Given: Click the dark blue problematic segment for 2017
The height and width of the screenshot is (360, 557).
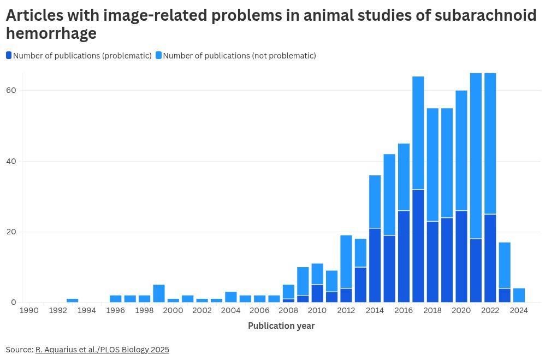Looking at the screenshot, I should [x=418, y=246].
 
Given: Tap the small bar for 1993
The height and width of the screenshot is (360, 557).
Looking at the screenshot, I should [x=72, y=300].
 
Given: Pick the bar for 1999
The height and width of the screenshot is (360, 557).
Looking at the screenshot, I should [x=159, y=293].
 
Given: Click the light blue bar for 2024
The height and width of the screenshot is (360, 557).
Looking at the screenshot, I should [x=519, y=295].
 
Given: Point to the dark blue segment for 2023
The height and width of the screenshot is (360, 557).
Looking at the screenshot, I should [x=505, y=295].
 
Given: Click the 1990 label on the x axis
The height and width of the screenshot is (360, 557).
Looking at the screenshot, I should [x=29, y=311].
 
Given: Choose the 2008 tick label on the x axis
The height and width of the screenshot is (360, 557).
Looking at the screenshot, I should [x=288, y=311].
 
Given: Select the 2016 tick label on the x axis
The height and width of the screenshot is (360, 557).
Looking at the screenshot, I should [x=404, y=311].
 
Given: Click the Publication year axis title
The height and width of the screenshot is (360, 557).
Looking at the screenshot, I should [x=281, y=326].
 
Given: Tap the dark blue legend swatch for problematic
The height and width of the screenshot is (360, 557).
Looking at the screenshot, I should [x=9, y=55].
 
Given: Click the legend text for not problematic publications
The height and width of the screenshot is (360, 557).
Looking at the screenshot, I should [x=239, y=55].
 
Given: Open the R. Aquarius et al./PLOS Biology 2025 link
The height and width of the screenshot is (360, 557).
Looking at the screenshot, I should [x=102, y=350].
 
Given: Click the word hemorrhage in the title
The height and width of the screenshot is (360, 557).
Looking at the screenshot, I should [x=51, y=34].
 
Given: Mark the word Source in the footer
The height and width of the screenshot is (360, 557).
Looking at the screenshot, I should [x=19, y=350].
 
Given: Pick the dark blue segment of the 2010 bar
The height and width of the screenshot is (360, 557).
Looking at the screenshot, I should [x=317, y=293].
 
